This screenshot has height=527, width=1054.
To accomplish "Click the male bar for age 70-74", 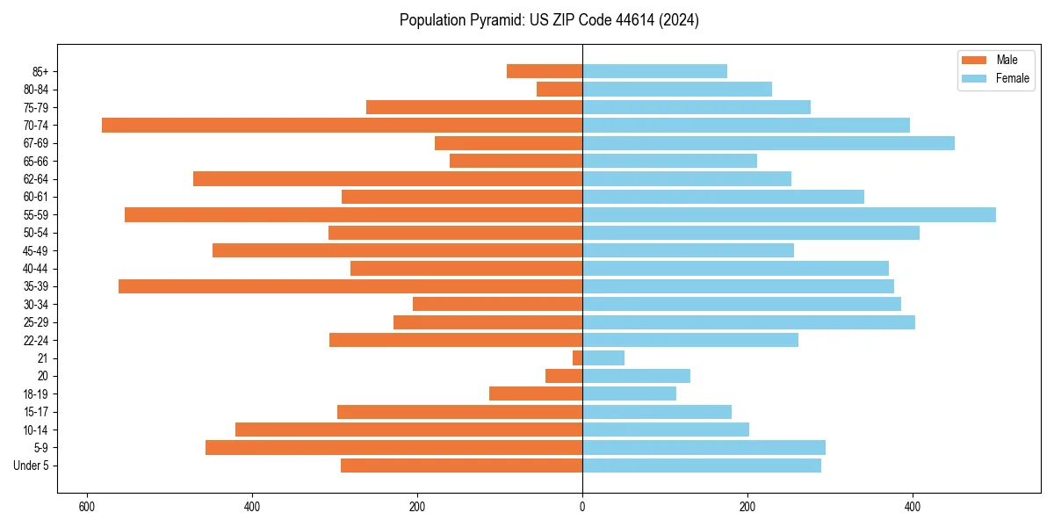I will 342,125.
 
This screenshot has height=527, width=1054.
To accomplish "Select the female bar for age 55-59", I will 789,214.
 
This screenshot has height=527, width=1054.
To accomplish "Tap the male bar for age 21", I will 578,358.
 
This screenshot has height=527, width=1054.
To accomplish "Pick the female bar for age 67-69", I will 768,143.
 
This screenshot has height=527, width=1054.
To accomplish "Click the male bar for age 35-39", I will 350,286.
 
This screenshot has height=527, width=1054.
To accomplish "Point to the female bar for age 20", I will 636,376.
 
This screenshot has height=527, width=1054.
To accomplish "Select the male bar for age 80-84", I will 559,89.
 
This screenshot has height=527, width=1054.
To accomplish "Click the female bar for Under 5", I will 701,466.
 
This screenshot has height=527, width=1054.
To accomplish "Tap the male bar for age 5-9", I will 393,448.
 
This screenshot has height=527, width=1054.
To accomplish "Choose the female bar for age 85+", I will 654,71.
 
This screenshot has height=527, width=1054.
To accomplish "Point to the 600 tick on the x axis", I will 87,507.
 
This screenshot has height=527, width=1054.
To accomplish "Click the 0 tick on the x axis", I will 582,507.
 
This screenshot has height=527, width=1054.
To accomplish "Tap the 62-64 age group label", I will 41,179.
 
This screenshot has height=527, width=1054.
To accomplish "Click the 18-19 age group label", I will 41,394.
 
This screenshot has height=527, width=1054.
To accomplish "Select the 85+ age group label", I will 47,71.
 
